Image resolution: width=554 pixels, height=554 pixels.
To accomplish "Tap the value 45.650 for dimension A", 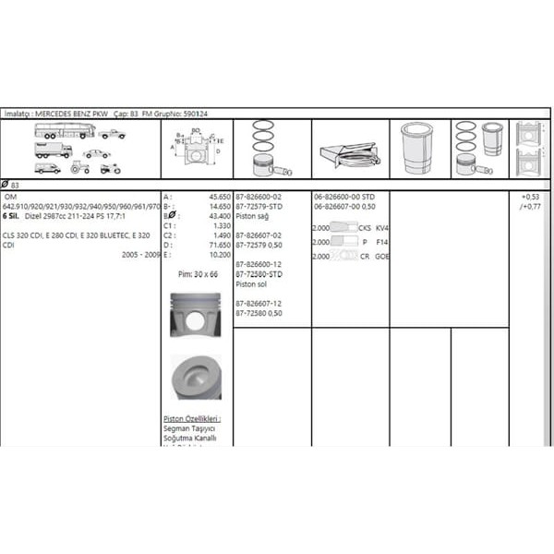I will click(x=220, y=197).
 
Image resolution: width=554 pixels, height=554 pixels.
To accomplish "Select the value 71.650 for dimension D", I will click(x=220, y=245).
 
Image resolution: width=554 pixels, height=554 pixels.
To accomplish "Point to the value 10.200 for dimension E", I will click(x=220, y=254).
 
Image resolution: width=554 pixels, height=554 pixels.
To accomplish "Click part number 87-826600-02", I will click(x=259, y=197).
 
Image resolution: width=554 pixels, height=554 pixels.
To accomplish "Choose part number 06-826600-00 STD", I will click(x=343, y=197).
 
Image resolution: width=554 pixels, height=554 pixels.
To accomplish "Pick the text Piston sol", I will click(x=252, y=284).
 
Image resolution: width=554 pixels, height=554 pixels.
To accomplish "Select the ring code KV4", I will click(x=382, y=228).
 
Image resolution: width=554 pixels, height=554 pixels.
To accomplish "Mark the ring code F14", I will click(x=382, y=242).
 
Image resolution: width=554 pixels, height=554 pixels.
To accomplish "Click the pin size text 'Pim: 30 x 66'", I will click(x=198, y=274).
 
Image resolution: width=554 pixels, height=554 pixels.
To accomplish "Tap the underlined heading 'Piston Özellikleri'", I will click(x=191, y=418).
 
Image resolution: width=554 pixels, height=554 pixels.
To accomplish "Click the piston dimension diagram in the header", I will click(x=196, y=148).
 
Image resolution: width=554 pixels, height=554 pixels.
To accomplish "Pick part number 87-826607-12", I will click(x=259, y=303).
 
